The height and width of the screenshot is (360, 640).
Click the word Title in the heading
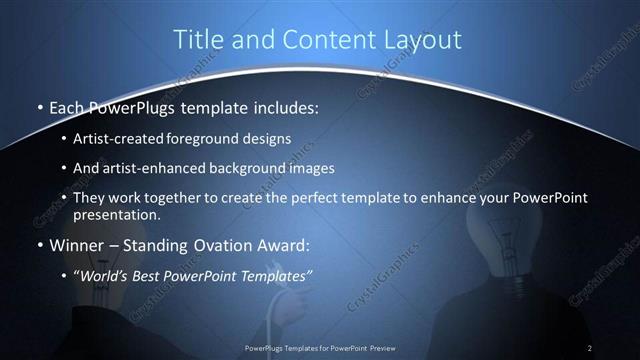click(x=197, y=40)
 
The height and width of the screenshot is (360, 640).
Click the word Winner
click(x=78, y=244)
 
